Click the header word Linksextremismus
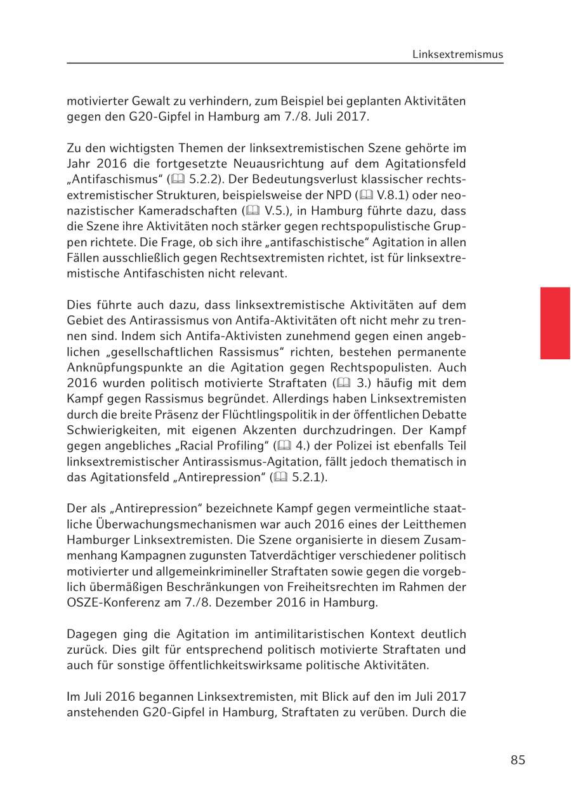coord(457,55)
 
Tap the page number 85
coord(518,760)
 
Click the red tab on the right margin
coord(555,323)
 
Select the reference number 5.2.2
coord(202,180)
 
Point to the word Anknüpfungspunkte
coord(128,367)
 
